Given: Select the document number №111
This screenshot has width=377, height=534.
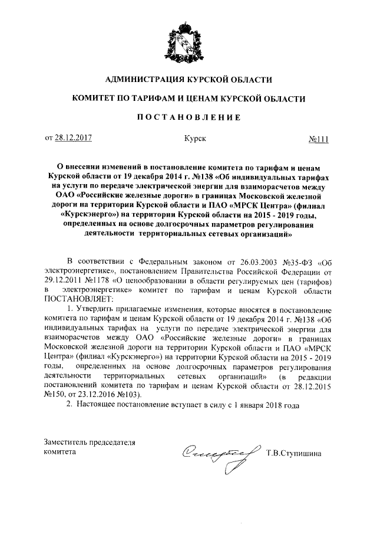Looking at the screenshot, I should click(x=318, y=139).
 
